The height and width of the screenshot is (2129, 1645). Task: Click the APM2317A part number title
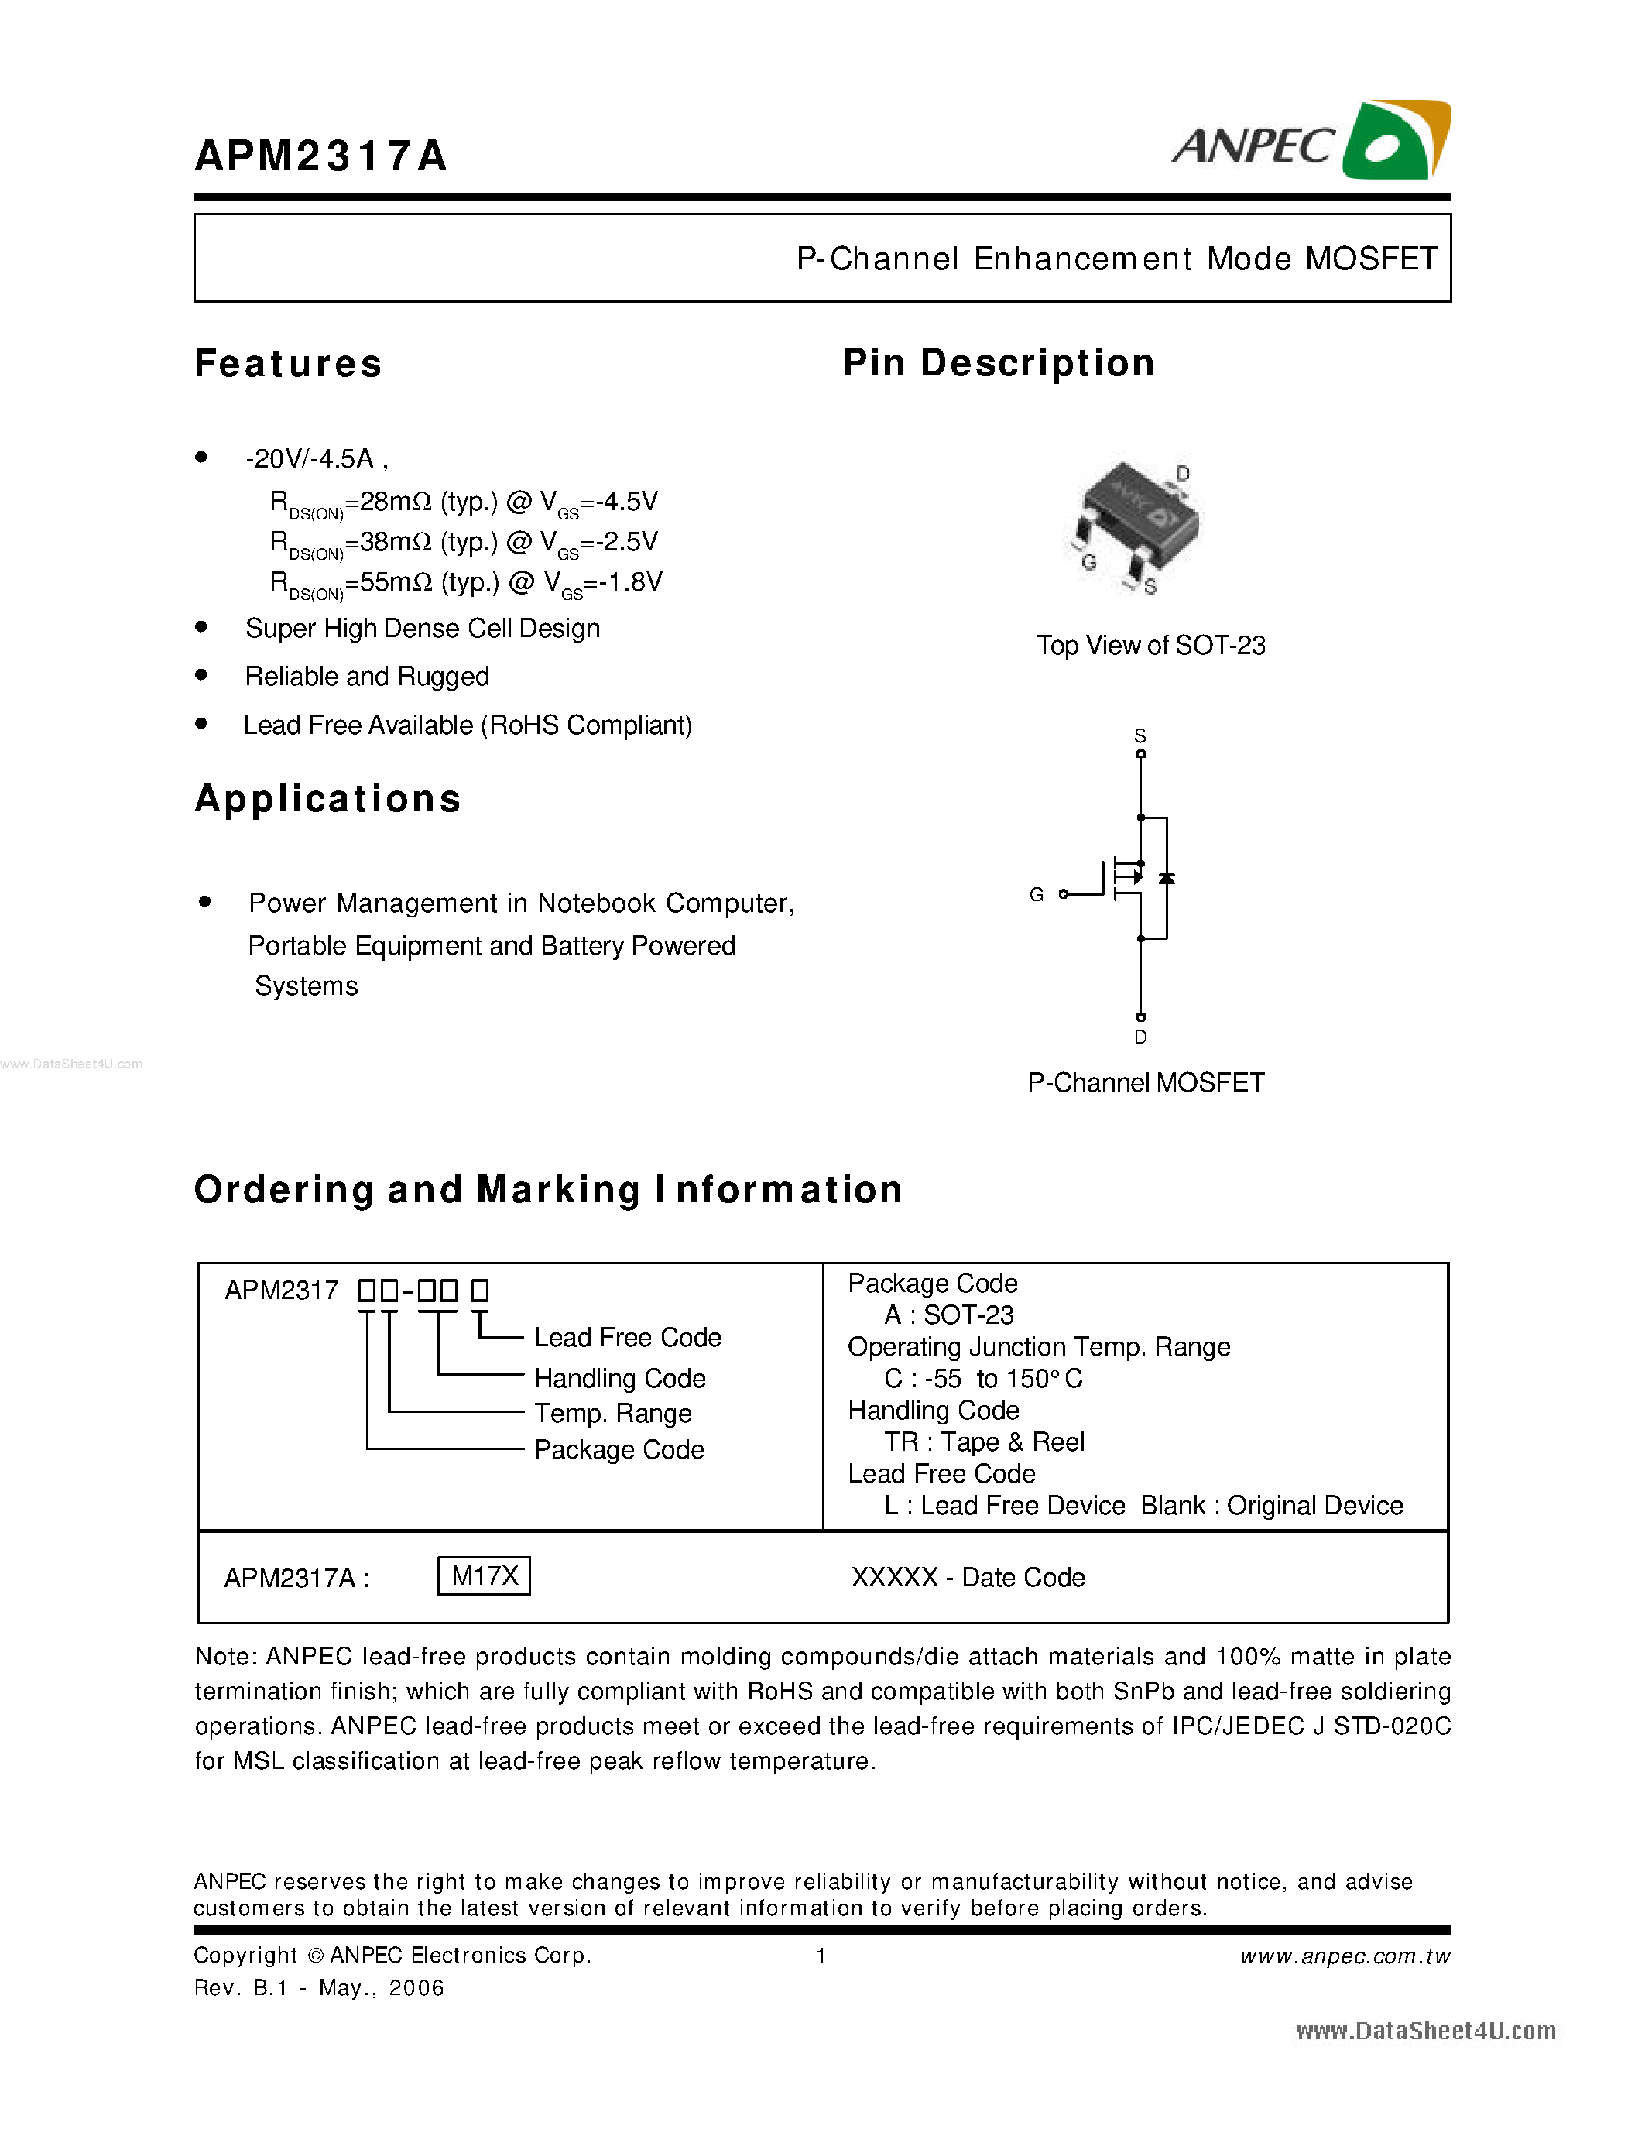(320, 156)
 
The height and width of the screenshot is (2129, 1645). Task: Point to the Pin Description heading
(998, 362)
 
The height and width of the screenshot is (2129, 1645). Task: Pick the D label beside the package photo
(1183, 474)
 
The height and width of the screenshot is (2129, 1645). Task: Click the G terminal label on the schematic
(1036, 894)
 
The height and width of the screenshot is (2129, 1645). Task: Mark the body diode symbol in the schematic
(1167, 879)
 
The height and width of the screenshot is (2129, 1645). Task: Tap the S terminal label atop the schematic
(1140, 736)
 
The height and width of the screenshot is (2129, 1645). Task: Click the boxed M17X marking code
(485, 1575)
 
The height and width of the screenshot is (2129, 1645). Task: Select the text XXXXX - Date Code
(968, 1577)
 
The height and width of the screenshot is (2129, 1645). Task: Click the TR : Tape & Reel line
(983, 1442)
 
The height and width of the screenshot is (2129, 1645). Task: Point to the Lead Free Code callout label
(628, 1338)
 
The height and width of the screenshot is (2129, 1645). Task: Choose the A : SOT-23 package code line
(948, 1315)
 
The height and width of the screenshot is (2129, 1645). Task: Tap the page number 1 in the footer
(821, 1956)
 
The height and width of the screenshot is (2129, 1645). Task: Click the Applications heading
(327, 798)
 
